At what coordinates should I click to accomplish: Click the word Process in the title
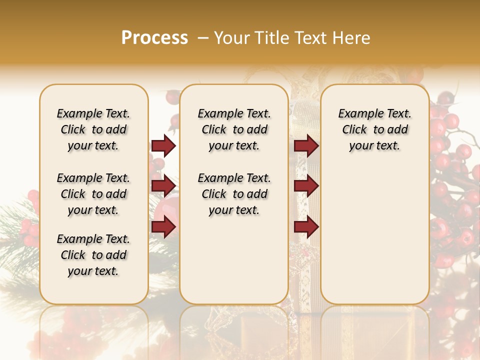tap(154, 38)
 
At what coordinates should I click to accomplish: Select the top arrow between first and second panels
tap(163, 146)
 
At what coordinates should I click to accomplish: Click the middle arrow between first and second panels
tap(163, 186)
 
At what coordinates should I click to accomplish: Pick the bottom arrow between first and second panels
tap(163, 227)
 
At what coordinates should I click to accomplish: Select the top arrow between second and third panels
tap(306, 146)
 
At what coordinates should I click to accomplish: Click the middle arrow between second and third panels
tap(306, 186)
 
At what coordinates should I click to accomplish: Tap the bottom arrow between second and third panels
tap(306, 227)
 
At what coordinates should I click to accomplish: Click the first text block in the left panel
tap(93, 129)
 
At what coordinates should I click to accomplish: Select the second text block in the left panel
tap(93, 194)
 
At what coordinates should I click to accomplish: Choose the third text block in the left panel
tap(93, 255)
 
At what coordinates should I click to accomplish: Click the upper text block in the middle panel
tap(234, 129)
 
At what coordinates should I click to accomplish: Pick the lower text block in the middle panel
tap(234, 194)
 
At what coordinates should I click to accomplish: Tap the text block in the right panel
tap(374, 129)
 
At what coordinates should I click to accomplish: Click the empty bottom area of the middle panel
tap(234, 265)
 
